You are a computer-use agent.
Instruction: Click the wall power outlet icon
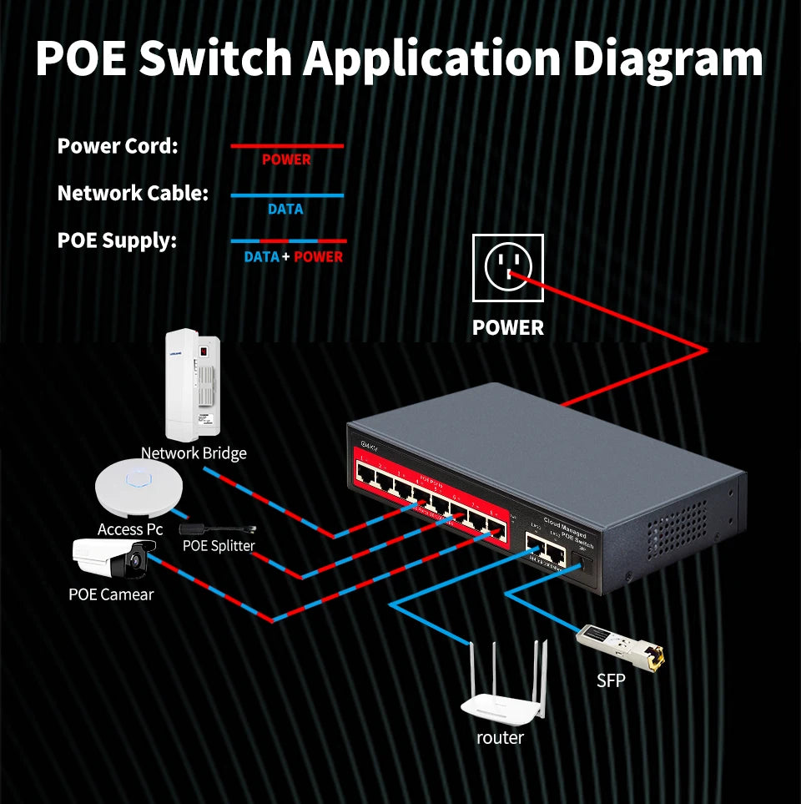click(x=507, y=267)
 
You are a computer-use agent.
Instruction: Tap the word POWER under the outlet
click(x=508, y=328)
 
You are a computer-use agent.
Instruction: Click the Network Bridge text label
click(x=194, y=453)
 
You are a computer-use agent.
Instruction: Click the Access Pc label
click(x=130, y=529)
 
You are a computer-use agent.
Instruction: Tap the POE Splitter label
click(x=219, y=546)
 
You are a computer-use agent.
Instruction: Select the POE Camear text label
click(x=111, y=594)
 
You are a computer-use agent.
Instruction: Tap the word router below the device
click(x=501, y=738)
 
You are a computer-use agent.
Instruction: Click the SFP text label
click(x=611, y=681)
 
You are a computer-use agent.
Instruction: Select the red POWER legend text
click(x=286, y=159)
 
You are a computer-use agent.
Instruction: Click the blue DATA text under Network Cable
click(x=285, y=209)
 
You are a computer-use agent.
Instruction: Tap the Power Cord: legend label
click(x=118, y=146)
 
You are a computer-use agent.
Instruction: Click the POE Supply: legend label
click(x=117, y=241)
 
